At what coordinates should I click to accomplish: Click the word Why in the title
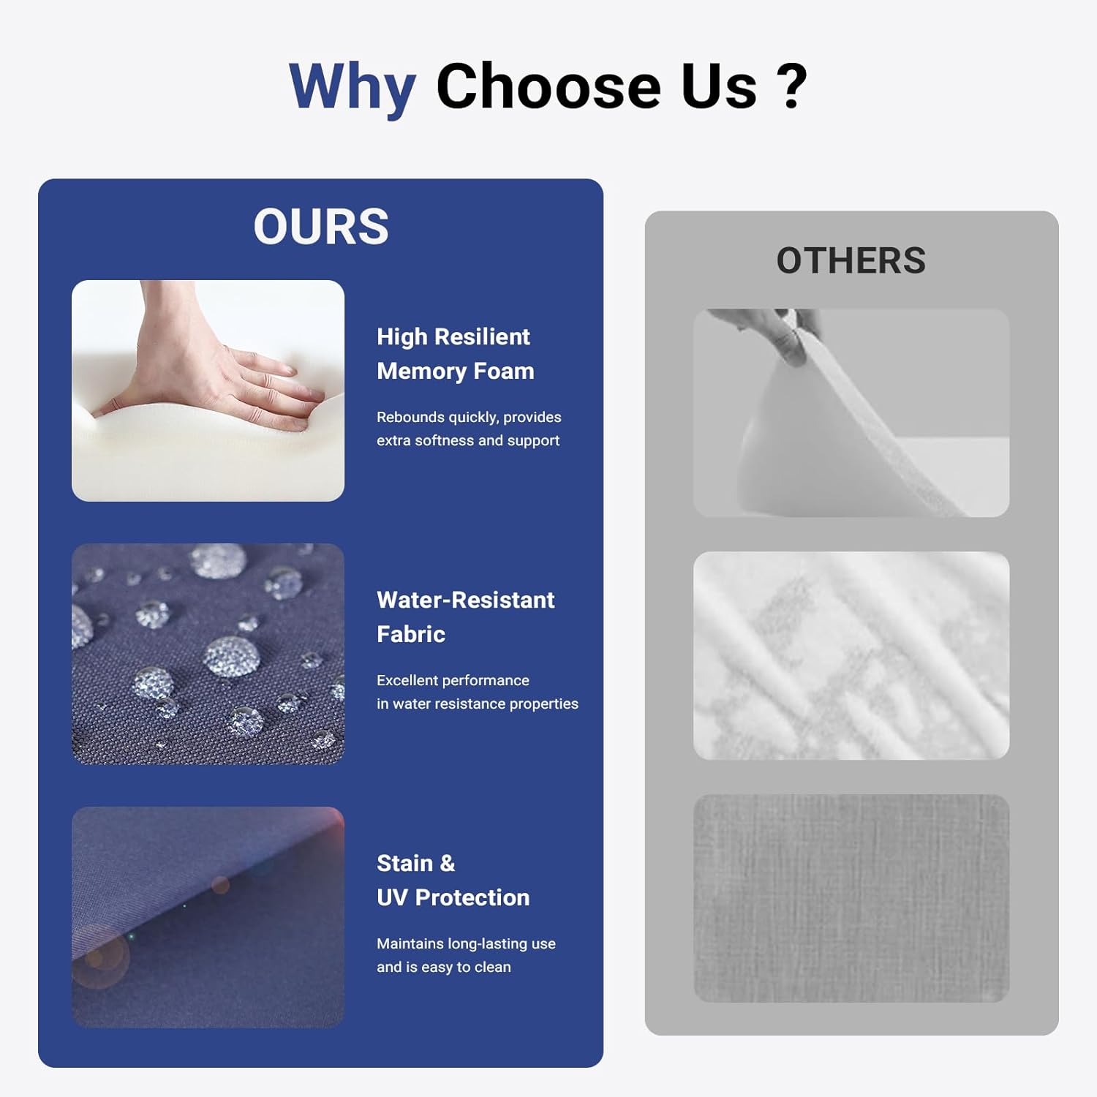pos(353,88)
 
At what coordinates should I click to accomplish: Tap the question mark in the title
pos(792,86)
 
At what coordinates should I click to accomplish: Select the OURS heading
pos(321,226)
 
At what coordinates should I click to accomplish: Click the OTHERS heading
pos(851,260)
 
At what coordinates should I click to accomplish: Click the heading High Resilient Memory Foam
pos(456,354)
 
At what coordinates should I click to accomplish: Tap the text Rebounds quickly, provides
pos(469,417)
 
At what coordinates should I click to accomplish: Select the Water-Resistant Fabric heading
pos(466,617)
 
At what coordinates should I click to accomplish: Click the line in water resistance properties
pos(478,704)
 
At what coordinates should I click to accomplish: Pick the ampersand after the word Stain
pos(447,864)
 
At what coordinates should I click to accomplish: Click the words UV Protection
pos(453,897)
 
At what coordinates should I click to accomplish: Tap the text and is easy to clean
pos(444,967)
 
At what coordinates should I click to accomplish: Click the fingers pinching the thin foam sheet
pos(768,333)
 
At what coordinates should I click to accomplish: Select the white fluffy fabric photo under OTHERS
pos(851,655)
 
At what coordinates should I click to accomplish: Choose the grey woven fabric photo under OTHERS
pos(851,898)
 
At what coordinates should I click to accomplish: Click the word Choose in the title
pos(548,86)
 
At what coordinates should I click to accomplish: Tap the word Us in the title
pos(719,86)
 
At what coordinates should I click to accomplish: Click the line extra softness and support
pos(468,440)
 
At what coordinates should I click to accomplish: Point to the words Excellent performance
pos(453,680)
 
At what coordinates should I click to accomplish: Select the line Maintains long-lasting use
pos(466,943)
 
